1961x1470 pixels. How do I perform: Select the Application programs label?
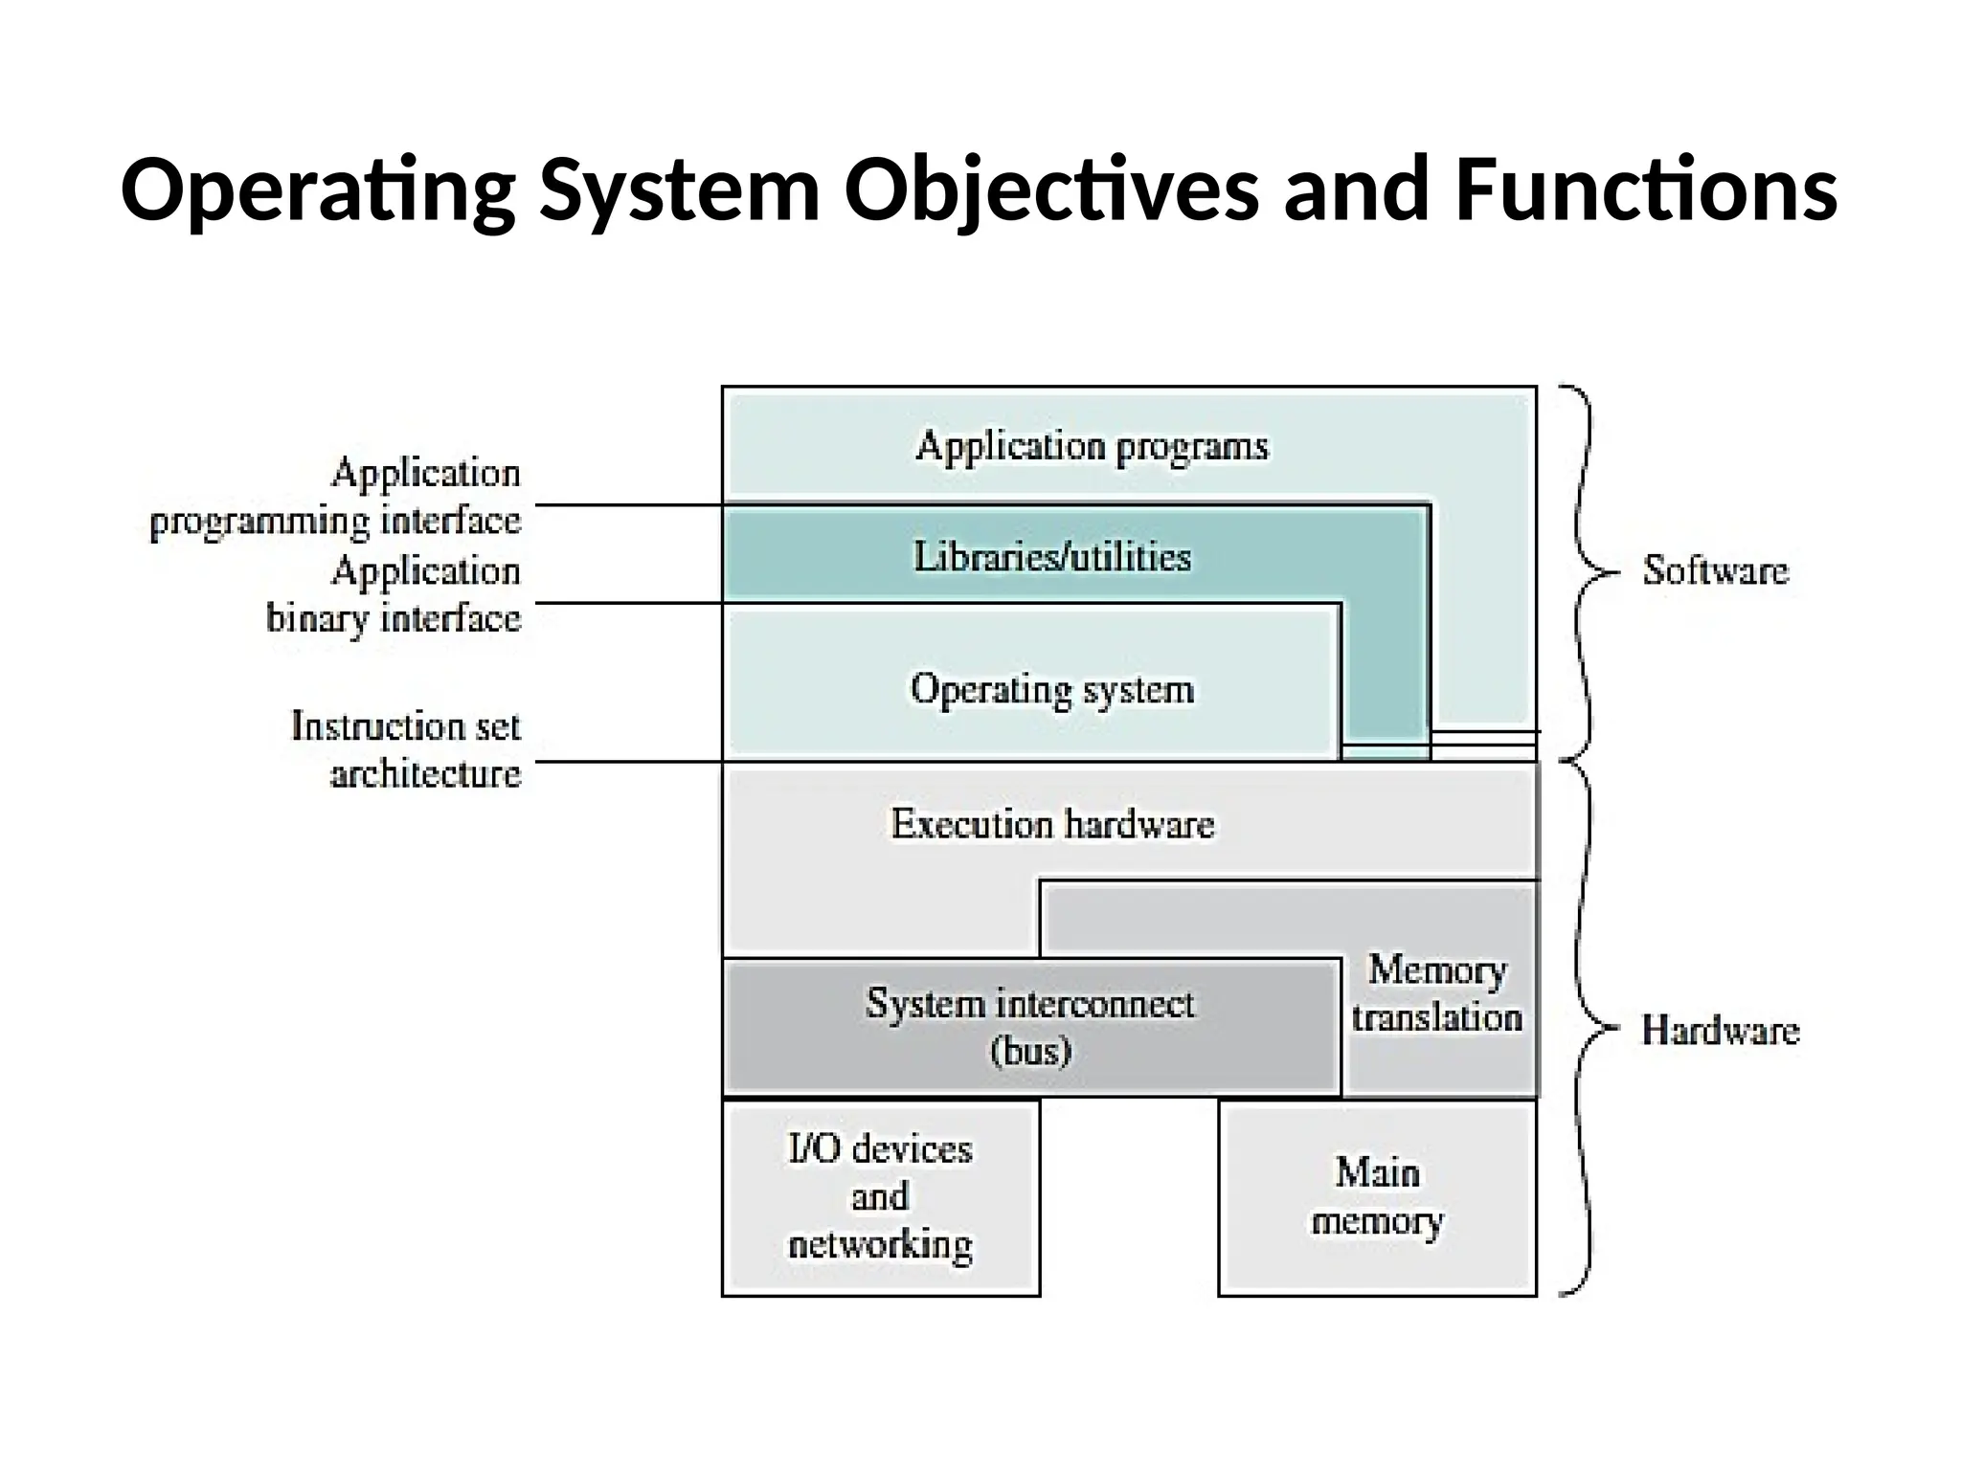coord(1092,447)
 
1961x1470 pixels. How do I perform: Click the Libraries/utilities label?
coord(1052,557)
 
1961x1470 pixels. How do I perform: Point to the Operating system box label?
coord(1052,689)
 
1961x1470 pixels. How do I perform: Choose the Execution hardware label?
coord(1052,824)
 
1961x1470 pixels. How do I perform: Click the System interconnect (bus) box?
coord(1031,1027)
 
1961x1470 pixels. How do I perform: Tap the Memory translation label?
coord(1436,993)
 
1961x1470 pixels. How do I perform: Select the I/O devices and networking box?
coord(880,1197)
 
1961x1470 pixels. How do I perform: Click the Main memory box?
coord(1377,1197)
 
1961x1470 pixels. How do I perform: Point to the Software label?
coord(1715,571)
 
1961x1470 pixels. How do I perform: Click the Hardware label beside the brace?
coord(1720,1031)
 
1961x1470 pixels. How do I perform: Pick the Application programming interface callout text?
coord(336,498)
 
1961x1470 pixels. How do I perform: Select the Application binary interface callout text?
coord(394,595)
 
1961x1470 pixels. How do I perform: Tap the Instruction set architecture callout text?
coord(407,750)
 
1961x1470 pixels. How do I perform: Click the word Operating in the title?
coord(317,190)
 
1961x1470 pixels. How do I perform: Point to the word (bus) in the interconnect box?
coord(1030,1052)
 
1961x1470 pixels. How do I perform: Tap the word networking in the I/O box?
coord(880,1245)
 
